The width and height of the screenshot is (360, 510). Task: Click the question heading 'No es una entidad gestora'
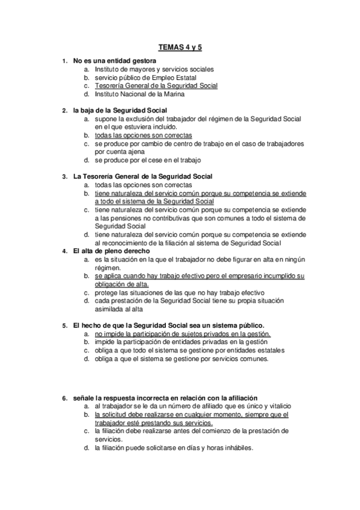click(x=115, y=61)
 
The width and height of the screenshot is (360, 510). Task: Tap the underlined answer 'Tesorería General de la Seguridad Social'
click(x=156, y=86)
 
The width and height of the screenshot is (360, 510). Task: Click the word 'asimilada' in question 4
click(x=109, y=309)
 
